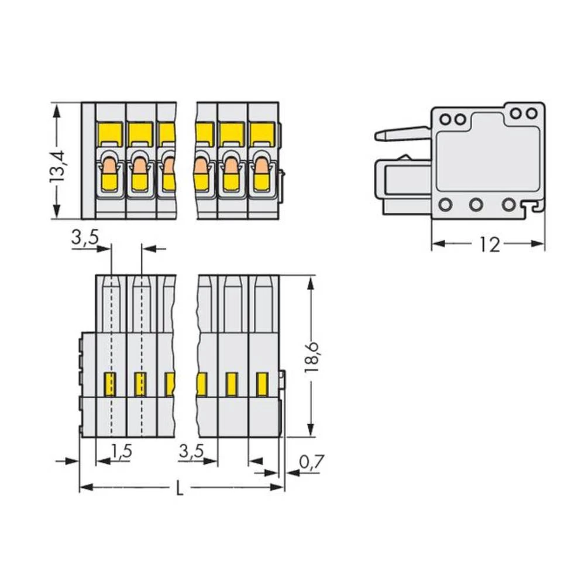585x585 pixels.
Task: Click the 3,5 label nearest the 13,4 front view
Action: (x=85, y=238)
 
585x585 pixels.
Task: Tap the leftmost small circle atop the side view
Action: (x=445, y=119)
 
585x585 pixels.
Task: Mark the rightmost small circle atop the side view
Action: (x=531, y=113)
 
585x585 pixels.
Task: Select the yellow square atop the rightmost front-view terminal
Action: (x=262, y=133)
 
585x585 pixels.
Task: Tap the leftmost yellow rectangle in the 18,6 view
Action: (x=109, y=384)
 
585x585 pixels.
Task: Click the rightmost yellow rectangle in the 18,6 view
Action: (x=262, y=384)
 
